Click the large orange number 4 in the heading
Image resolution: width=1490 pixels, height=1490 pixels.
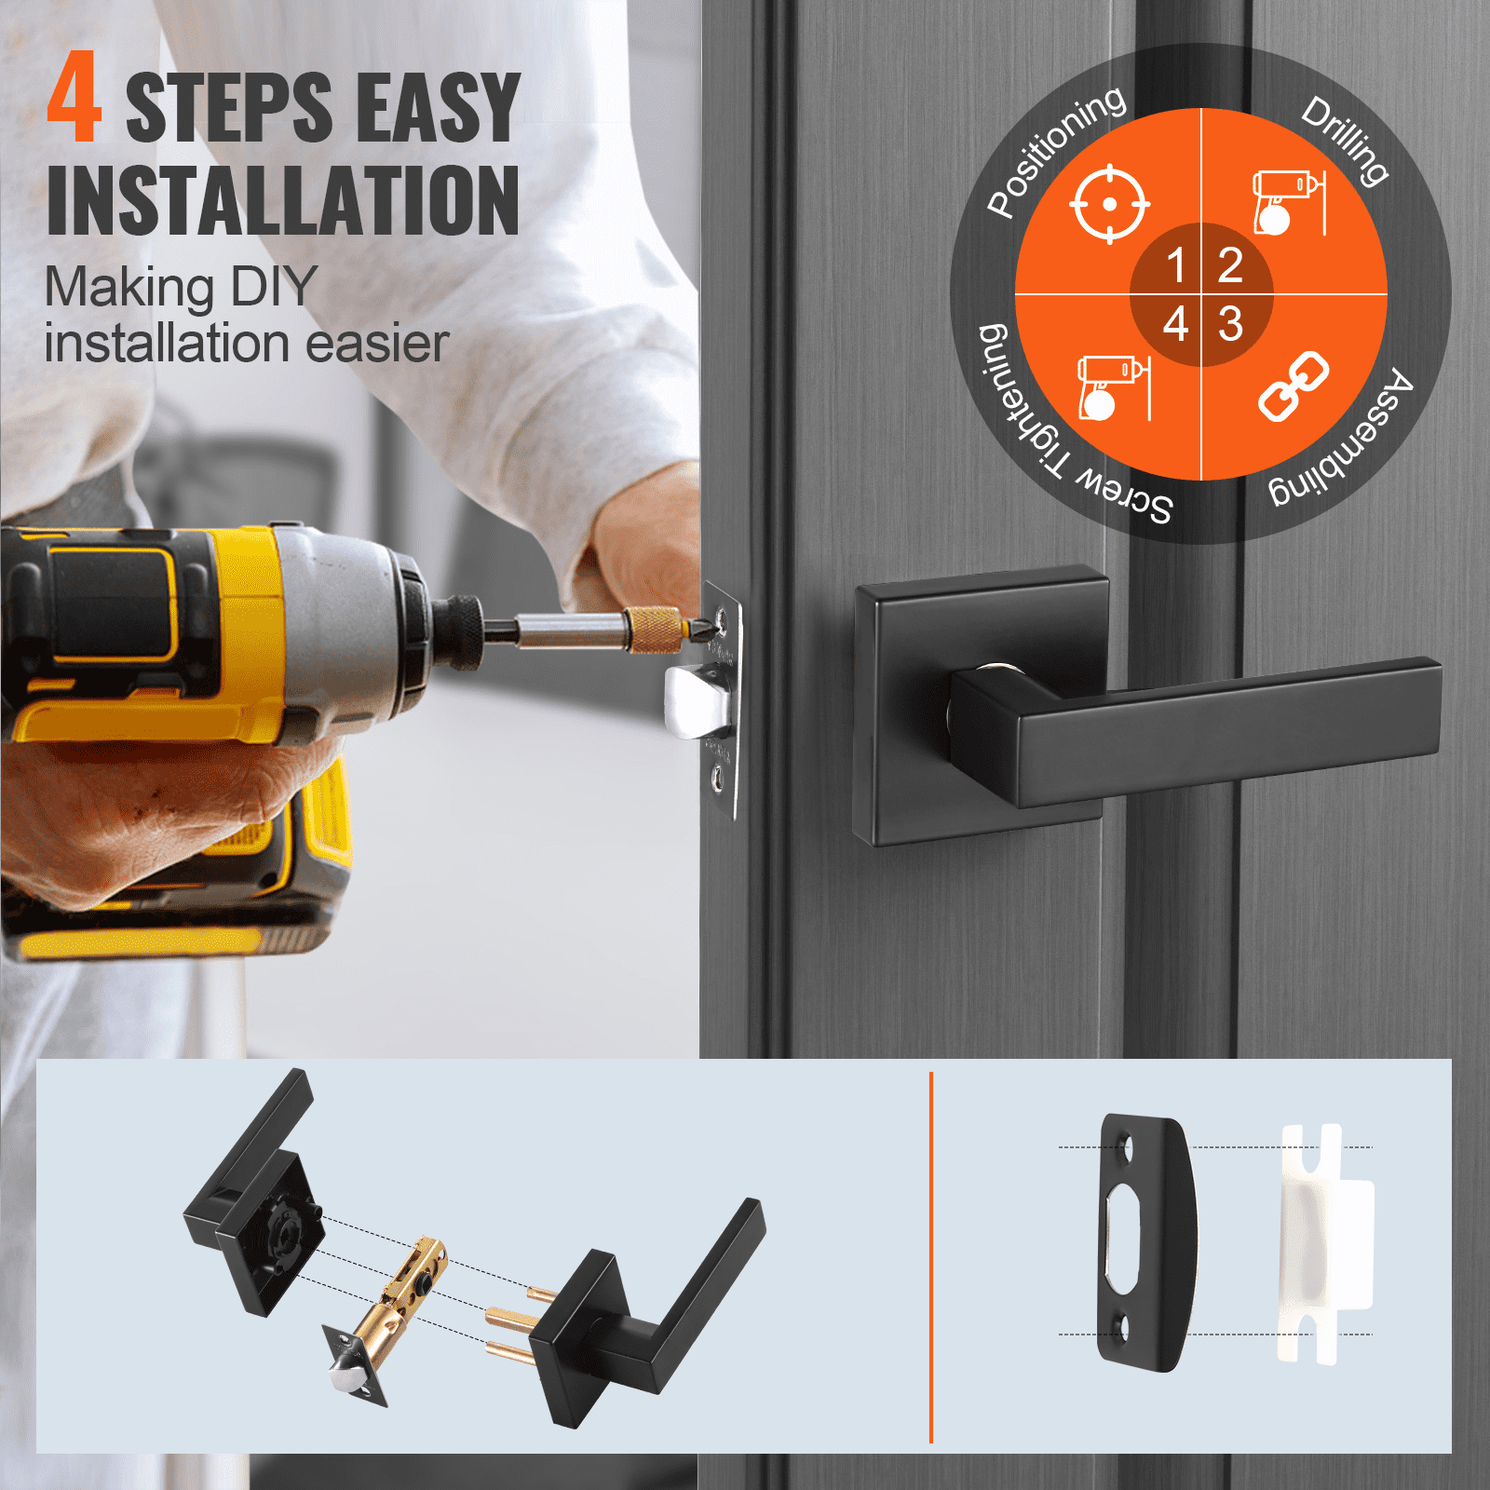[x=74, y=99]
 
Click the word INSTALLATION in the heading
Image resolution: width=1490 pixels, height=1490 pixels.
[x=282, y=201]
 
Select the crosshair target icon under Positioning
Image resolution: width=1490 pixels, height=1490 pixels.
[x=1108, y=204]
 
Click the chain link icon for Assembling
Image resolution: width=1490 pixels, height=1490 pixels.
[x=1293, y=386]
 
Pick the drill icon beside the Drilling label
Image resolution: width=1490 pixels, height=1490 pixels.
[x=1288, y=202]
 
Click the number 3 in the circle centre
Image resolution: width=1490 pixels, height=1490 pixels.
[x=1230, y=324]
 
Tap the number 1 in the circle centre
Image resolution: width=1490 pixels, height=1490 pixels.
[x=1175, y=265]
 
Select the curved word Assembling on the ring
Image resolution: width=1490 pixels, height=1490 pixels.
[x=1347, y=439]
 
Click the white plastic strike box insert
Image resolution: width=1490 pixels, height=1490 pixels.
[x=1323, y=1243]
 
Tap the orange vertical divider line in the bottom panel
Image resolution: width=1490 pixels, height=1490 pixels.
[x=931, y=1257]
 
